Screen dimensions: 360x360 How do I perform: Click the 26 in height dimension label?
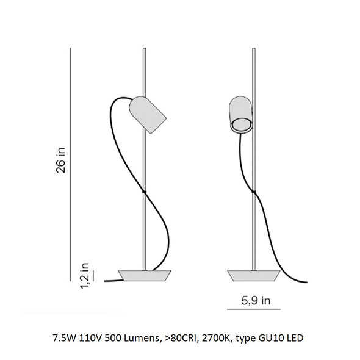pyautogui.click(x=61, y=160)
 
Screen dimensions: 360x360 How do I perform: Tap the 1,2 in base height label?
pyautogui.click(x=84, y=275)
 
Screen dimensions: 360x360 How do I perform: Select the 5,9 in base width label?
pyautogui.click(x=256, y=300)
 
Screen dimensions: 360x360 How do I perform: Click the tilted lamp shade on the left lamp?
pyautogui.click(x=148, y=115)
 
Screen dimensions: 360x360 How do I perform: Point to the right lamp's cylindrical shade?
pyautogui.click(x=241, y=115)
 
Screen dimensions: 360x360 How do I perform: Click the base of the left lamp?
pyautogui.click(x=145, y=276)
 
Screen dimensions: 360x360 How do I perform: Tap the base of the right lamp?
pyautogui.click(x=254, y=276)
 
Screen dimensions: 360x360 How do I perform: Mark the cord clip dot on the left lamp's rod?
pyautogui.click(x=144, y=192)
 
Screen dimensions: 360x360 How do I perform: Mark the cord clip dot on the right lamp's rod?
pyautogui.click(x=254, y=192)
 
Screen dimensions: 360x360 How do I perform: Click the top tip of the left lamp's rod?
pyautogui.click(x=144, y=48)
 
